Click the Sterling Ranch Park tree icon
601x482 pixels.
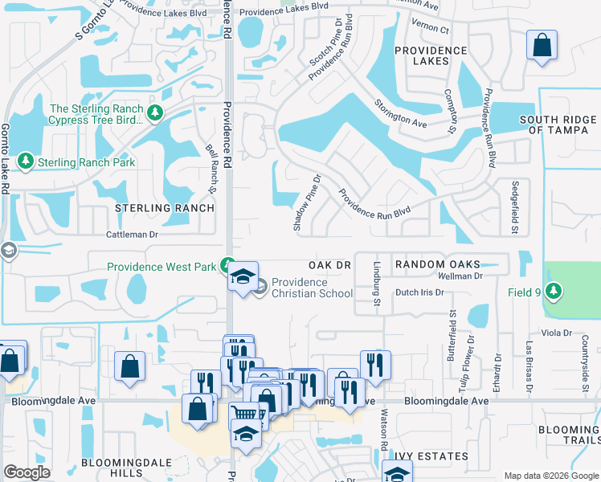coord(26,161)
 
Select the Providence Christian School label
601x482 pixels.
coord(311,288)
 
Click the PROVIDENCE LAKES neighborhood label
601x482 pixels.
coord(431,55)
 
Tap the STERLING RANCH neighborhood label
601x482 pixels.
coord(165,208)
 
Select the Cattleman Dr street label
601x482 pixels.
coord(133,235)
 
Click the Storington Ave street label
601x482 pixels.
coord(399,112)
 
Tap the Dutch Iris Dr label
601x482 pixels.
coord(419,292)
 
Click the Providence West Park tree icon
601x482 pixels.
coord(228,266)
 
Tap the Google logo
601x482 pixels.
coord(27,472)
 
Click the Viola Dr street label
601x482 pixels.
coord(555,332)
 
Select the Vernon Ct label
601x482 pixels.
coord(434,28)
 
